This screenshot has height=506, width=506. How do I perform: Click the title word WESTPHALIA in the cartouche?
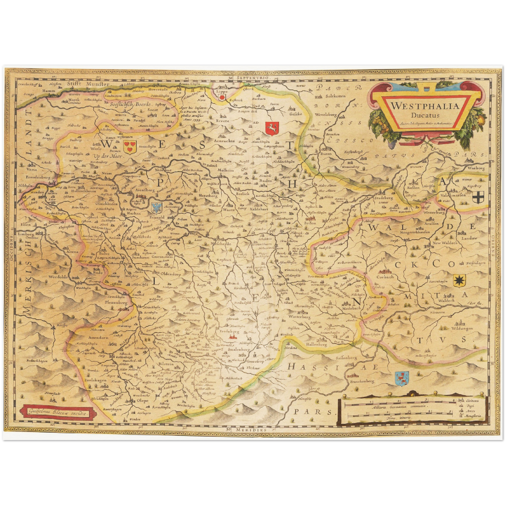pos(424,106)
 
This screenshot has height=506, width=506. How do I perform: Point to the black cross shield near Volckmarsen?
pos(478,197)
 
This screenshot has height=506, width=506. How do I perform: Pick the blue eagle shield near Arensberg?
pos(156,208)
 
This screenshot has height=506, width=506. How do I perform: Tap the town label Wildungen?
pos(462,328)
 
